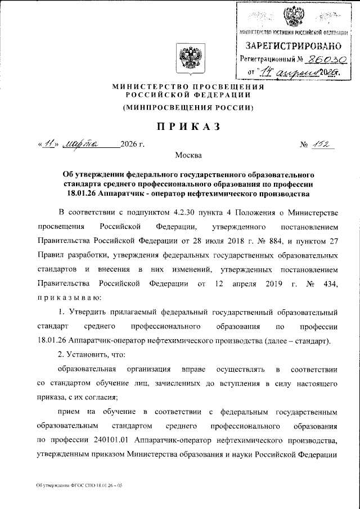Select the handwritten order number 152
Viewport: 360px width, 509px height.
tap(322, 145)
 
